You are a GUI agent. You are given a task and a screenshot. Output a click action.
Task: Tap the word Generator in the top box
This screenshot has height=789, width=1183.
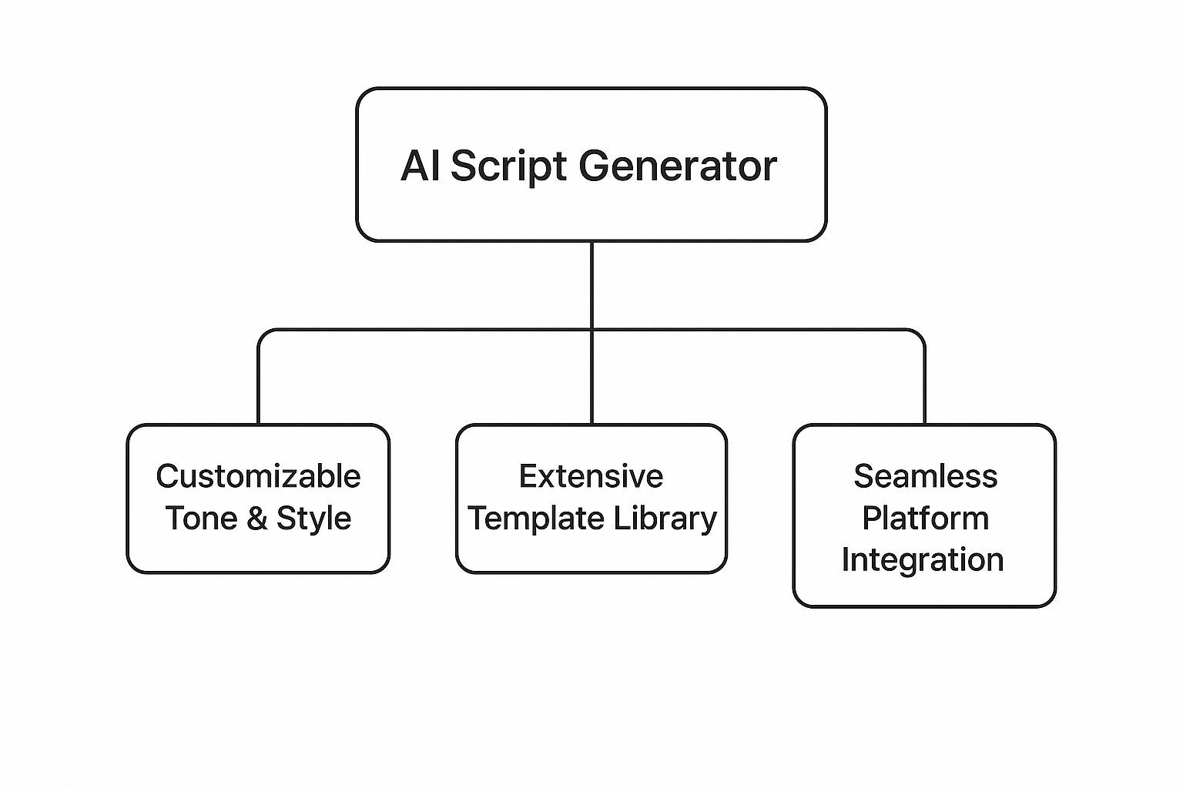[677, 166]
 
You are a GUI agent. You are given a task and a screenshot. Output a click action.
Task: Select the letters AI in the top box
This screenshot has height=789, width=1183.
[421, 166]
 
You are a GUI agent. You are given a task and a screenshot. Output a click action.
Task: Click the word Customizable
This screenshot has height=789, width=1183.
[258, 477]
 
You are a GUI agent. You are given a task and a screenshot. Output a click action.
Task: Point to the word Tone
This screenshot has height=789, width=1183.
[201, 519]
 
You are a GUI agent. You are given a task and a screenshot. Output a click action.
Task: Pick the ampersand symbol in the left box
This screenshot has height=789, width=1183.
[256, 519]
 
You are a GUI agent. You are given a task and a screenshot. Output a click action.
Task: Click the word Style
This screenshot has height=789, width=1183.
[313, 519]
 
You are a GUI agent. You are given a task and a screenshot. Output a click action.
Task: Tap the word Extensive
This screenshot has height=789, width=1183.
[591, 477]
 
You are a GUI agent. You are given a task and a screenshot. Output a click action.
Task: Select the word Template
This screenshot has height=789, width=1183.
[526, 519]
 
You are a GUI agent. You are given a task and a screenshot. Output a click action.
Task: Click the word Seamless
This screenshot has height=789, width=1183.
[925, 477]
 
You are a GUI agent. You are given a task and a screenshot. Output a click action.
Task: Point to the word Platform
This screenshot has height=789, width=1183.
[925, 519]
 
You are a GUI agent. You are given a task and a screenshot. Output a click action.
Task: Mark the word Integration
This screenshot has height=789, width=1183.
[923, 560]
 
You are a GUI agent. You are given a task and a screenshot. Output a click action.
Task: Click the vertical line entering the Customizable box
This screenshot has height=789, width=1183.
[259, 385]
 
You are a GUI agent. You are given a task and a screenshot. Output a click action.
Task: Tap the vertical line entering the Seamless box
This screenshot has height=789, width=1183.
[924, 385]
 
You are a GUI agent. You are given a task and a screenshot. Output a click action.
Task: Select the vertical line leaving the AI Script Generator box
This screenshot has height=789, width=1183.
[591, 285]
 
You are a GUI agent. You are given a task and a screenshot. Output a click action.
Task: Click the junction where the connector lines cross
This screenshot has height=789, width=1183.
[591, 331]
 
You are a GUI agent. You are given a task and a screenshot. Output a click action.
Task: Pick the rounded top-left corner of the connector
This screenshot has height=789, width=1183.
[263, 334]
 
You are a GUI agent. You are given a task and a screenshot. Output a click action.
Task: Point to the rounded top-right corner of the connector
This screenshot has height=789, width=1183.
[920, 334]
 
